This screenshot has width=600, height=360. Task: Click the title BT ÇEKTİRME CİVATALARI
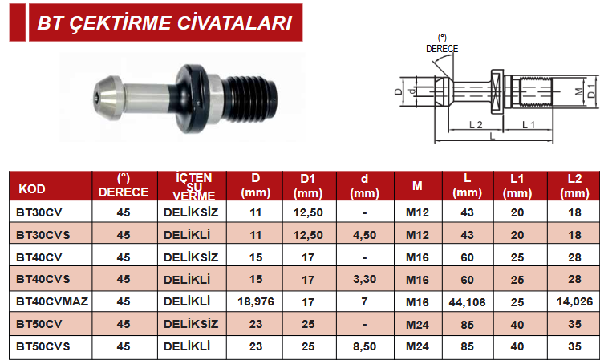click(165, 23)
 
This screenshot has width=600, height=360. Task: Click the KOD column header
click(32, 189)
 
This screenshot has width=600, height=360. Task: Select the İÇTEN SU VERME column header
click(193, 187)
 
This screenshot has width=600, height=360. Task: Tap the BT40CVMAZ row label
click(52, 301)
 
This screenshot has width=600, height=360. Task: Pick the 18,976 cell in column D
click(256, 301)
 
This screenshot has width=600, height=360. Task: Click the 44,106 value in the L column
click(467, 302)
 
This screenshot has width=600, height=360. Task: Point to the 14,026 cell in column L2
click(574, 301)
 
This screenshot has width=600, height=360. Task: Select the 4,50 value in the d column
click(364, 235)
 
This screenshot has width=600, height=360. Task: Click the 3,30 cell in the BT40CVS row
click(364, 279)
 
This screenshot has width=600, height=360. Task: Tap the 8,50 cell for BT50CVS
click(364, 346)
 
